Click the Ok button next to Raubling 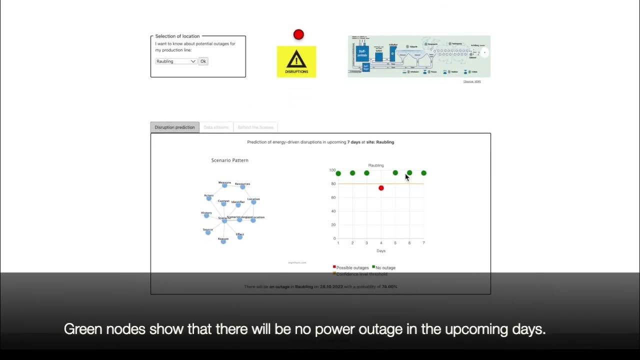coord(203,61)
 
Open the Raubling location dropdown coord(176,61)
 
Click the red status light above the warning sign coord(298,34)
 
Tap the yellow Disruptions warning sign coord(296,61)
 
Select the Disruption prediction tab coord(174,127)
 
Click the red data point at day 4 coord(381,188)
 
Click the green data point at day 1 coord(338,173)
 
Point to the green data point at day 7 coord(423,173)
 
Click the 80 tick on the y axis coord(332,184)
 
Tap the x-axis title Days coord(381,250)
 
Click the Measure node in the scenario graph coord(224,185)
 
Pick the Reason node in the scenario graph coord(223,241)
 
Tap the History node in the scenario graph coord(206,215)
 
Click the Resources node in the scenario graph coord(242,186)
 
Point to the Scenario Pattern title coord(230,160)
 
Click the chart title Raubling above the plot coord(376,165)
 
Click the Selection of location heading coord(177,36)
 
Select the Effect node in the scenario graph coord(240,237)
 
